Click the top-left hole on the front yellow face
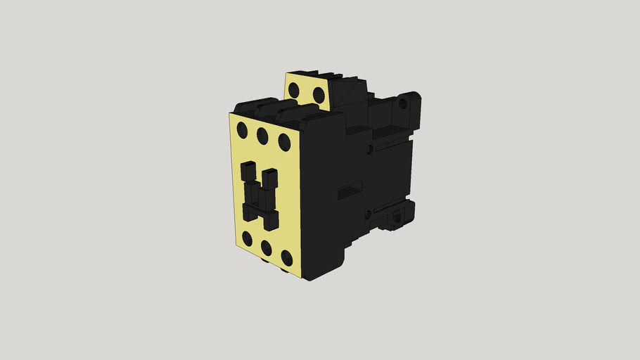[x=242, y=129]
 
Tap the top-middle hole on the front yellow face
[x=262, y=135]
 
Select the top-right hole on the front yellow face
[x=284, y=142]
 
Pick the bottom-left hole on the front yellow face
[x=247, y=239]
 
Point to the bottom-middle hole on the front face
[x=266, y=247]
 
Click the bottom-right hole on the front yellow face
[x=287, y=257]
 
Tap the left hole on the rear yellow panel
[x=296, y=89]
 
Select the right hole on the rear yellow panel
[x=318, y=94]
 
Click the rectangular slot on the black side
[x=350, y=188]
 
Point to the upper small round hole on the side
[x=369, y=149]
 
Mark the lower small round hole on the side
[x=367, y=214]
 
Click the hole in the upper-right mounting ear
[x=402, y=103]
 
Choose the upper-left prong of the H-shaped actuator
[x=248, y=171]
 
